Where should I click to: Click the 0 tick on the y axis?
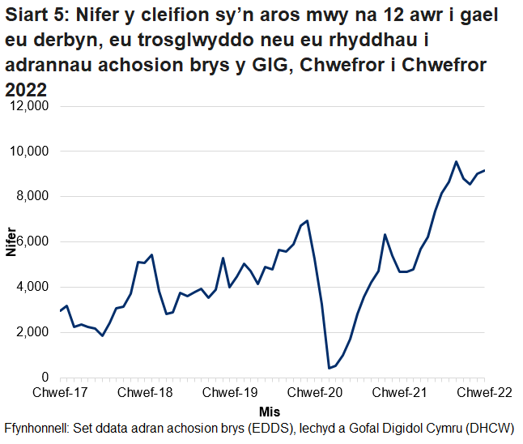[x=46, y=378]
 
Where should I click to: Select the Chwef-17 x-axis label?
[x=60, y=393]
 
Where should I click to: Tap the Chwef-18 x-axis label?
[x=145, y=393]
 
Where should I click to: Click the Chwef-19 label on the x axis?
[x=230, y=393]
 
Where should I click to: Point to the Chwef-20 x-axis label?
[x=315, y=393]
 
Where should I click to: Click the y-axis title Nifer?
[x=11, y=242]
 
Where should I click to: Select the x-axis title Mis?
[x=271, y=412]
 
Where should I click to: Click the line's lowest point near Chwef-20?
[x=330, y=368]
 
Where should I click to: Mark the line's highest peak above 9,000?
[x=456, y=161]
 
